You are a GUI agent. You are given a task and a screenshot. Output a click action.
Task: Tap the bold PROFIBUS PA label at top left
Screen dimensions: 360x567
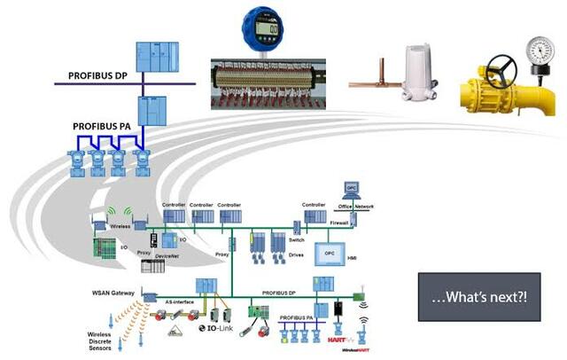(102, 128)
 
